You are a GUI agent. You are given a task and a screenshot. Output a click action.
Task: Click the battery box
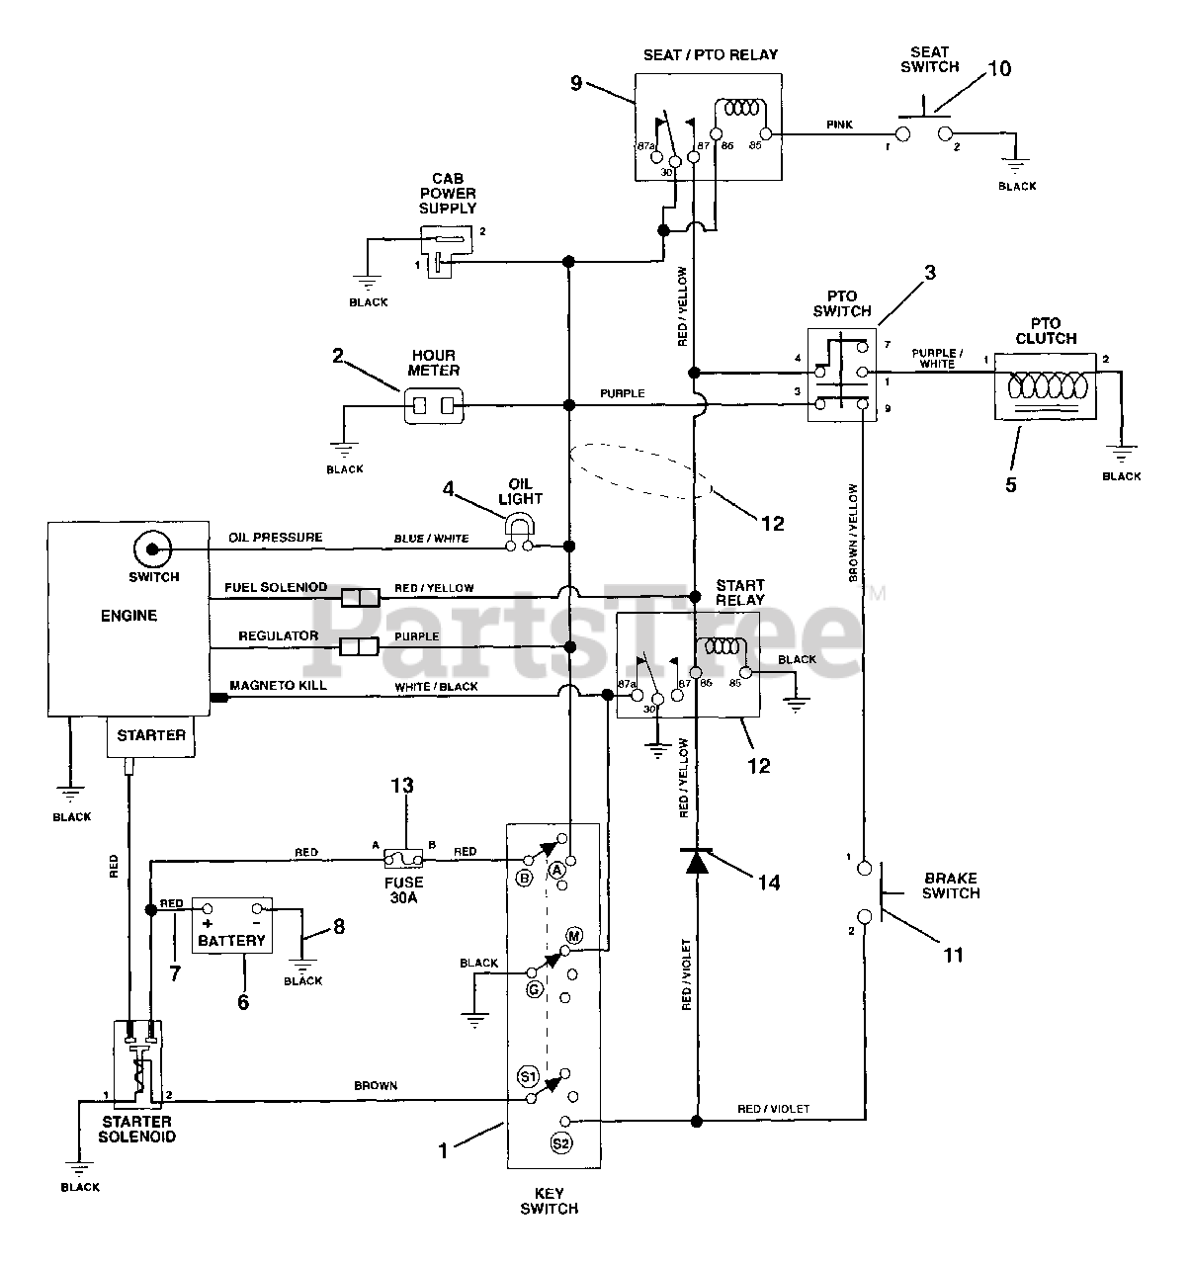[232, 925]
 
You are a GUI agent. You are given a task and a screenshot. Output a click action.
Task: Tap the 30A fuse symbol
[403, 859]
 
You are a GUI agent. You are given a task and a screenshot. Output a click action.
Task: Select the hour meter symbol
[434, 406]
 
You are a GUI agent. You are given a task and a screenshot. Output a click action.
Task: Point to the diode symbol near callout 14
[696, 861]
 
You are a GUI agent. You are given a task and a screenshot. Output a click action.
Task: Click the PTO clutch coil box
[1045, 386]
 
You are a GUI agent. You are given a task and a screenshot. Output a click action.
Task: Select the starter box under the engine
[150, 735]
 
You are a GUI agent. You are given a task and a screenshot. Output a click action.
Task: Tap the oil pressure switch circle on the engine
[152, 549]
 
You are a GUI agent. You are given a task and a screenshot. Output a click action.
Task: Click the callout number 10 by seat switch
[999, 69]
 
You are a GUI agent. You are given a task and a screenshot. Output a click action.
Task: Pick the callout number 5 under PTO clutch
[1011, 484]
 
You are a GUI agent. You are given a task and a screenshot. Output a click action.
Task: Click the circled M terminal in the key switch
[574, 936]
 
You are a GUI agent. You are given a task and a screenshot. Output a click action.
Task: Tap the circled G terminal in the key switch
[534, 989]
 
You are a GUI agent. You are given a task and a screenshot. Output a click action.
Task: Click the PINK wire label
[839, 125]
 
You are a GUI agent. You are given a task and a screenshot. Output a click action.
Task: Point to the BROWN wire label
[376, 1085]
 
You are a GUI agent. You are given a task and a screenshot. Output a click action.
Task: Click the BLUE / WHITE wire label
[431, 539]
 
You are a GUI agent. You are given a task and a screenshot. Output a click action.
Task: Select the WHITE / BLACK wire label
[436, 686]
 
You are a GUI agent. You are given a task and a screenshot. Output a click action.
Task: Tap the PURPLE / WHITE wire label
[937, 358]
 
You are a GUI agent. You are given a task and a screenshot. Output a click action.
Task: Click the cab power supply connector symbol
[446, 251]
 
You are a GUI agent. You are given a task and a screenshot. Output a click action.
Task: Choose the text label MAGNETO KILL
[278, 685]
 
